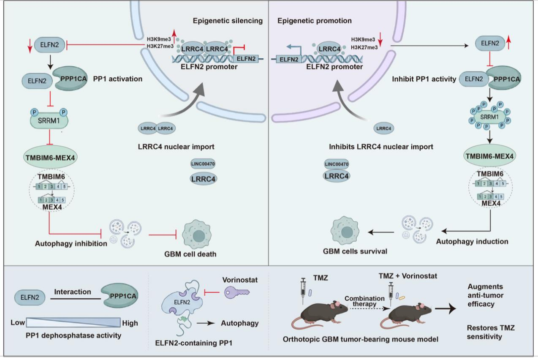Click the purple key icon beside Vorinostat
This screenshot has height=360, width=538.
tap(237, 292)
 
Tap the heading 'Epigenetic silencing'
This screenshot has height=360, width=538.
tap(228, 21)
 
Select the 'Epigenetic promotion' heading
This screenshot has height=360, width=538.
tap(314, 21)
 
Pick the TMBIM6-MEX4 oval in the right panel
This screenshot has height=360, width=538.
tap(489, 156)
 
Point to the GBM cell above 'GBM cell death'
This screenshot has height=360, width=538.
tap(196, 235)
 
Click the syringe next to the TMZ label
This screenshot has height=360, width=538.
tap(303, 291)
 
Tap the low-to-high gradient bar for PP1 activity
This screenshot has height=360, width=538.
tap(73, 322)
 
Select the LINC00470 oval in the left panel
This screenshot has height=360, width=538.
tap(203, 164)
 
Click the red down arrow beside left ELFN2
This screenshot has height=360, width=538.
tap(30, 46)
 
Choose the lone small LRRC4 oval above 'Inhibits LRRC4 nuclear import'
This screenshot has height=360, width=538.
tap(383, 128)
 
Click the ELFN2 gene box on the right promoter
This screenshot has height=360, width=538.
tap(289, 59)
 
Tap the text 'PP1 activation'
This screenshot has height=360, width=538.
tap(118, 79)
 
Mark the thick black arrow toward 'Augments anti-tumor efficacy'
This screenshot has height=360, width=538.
tap(445, 308)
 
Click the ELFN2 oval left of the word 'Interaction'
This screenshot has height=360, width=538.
tap(30, 297)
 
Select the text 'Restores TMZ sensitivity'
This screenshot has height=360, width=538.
tap(491, 332)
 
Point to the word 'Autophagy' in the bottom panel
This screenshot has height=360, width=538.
tap(240, 323)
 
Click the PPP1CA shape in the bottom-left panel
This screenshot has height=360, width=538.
tap(120, 295)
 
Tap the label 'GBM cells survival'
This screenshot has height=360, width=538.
tap(355, 251)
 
